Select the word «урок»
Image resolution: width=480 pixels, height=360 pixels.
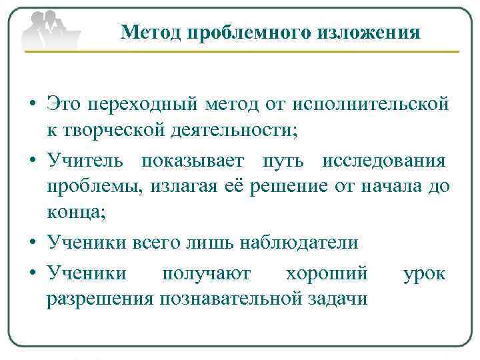coord(425,273)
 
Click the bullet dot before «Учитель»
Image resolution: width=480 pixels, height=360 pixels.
coord(33,161)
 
